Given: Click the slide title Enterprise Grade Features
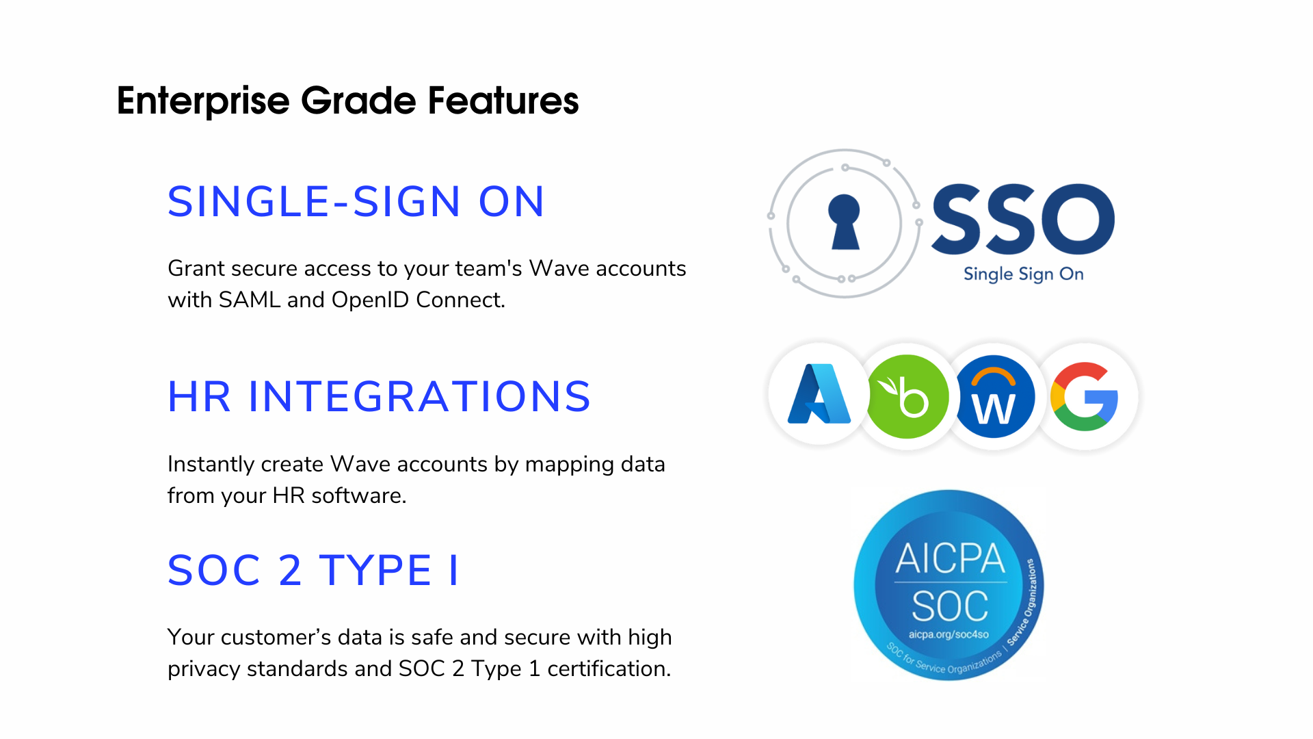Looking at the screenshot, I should (347, 101).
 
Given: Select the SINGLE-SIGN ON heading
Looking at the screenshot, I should (356, 202).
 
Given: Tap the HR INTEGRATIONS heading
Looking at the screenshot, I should (379, 397).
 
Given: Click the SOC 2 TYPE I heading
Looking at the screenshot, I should (313, 570).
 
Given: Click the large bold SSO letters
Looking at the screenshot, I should (1023, 219).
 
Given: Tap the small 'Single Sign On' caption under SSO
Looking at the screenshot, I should (1023, 274).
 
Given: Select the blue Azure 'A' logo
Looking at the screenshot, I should (819, 395).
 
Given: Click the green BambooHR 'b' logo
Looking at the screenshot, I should (907, 396).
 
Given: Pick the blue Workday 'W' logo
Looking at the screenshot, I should (994, 397).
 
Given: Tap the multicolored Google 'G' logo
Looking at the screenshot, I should (1085, 396).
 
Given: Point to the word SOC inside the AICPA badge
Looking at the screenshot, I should (950, 606).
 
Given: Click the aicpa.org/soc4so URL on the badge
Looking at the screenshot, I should (949, 634).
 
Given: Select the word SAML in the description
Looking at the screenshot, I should (250, 300).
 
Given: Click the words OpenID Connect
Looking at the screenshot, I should (417, 300).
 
